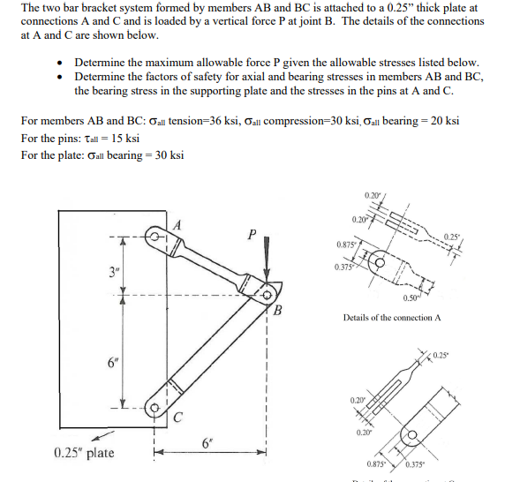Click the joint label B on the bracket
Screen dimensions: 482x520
pyautogui.click(x=278, y=309)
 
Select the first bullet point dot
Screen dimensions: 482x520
pyautogui.click(x=58, y=64)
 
